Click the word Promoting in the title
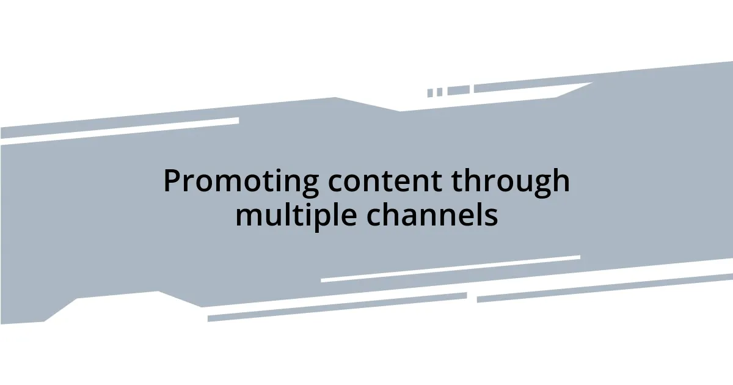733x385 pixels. [241, 182]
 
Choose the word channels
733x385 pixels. [432, 216]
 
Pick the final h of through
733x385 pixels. [561, 181]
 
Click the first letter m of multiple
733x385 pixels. [246, 217]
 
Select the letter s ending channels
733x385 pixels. [492, 217]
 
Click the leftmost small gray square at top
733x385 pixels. [430, 93]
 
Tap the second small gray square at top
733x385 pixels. [439, 92]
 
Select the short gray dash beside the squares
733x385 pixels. [458, 90]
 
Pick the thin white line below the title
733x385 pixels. [450, 269]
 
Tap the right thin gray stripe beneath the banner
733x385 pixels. [605, 287]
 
